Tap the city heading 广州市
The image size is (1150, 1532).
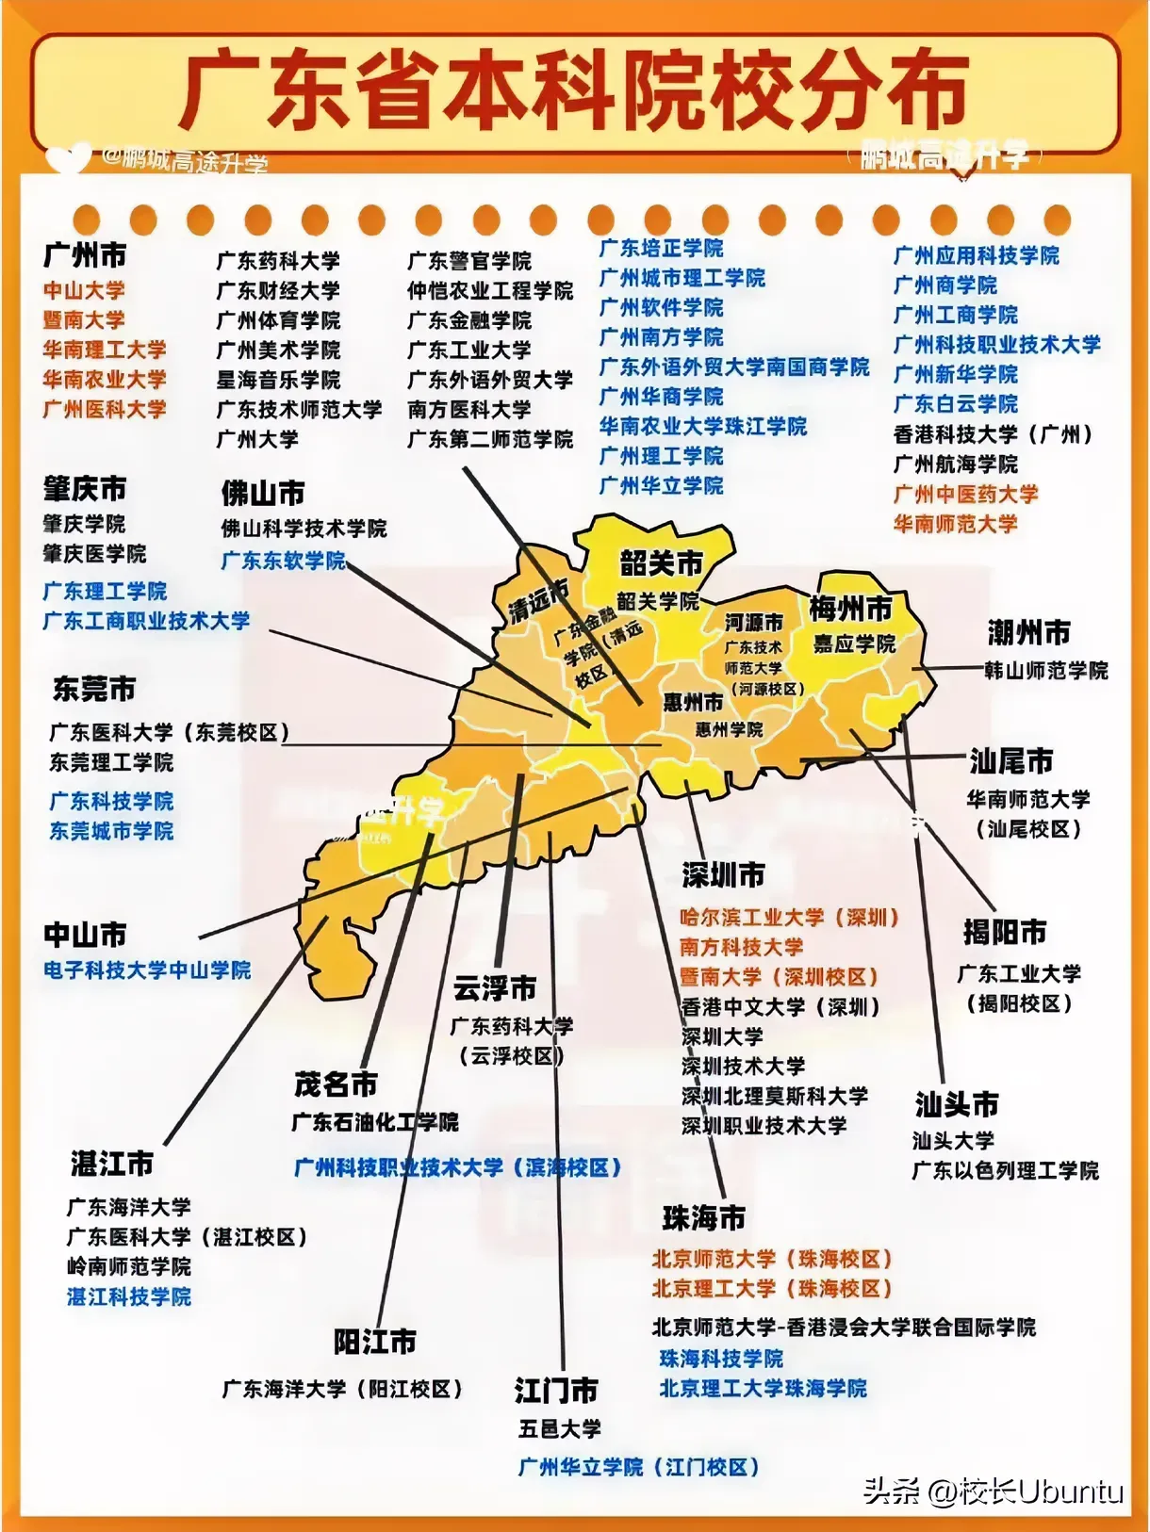(85, 255)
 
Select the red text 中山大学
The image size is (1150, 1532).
(83, 290)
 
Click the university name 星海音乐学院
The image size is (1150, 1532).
(278, 380)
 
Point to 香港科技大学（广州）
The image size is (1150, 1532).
(993, 434)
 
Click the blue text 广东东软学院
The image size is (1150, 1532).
(283, 561)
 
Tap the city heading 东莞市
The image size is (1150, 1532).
(94, 689)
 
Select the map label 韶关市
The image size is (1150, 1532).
(661, 563)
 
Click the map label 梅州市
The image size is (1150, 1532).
(850, 609)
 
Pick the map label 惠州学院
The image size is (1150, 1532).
(729, 729)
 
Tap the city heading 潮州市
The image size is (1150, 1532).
(1028, 632)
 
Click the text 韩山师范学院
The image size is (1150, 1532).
(1045, 671)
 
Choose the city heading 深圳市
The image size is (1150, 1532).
(723, 874)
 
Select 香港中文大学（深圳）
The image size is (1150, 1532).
(780, 1006)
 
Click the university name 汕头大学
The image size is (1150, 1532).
(952, 1140)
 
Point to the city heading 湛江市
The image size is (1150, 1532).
(111, 1164)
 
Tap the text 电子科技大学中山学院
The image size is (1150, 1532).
(147, 970)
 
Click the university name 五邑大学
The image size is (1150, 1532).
(559, 1428)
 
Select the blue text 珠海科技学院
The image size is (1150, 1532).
(721, 1358)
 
